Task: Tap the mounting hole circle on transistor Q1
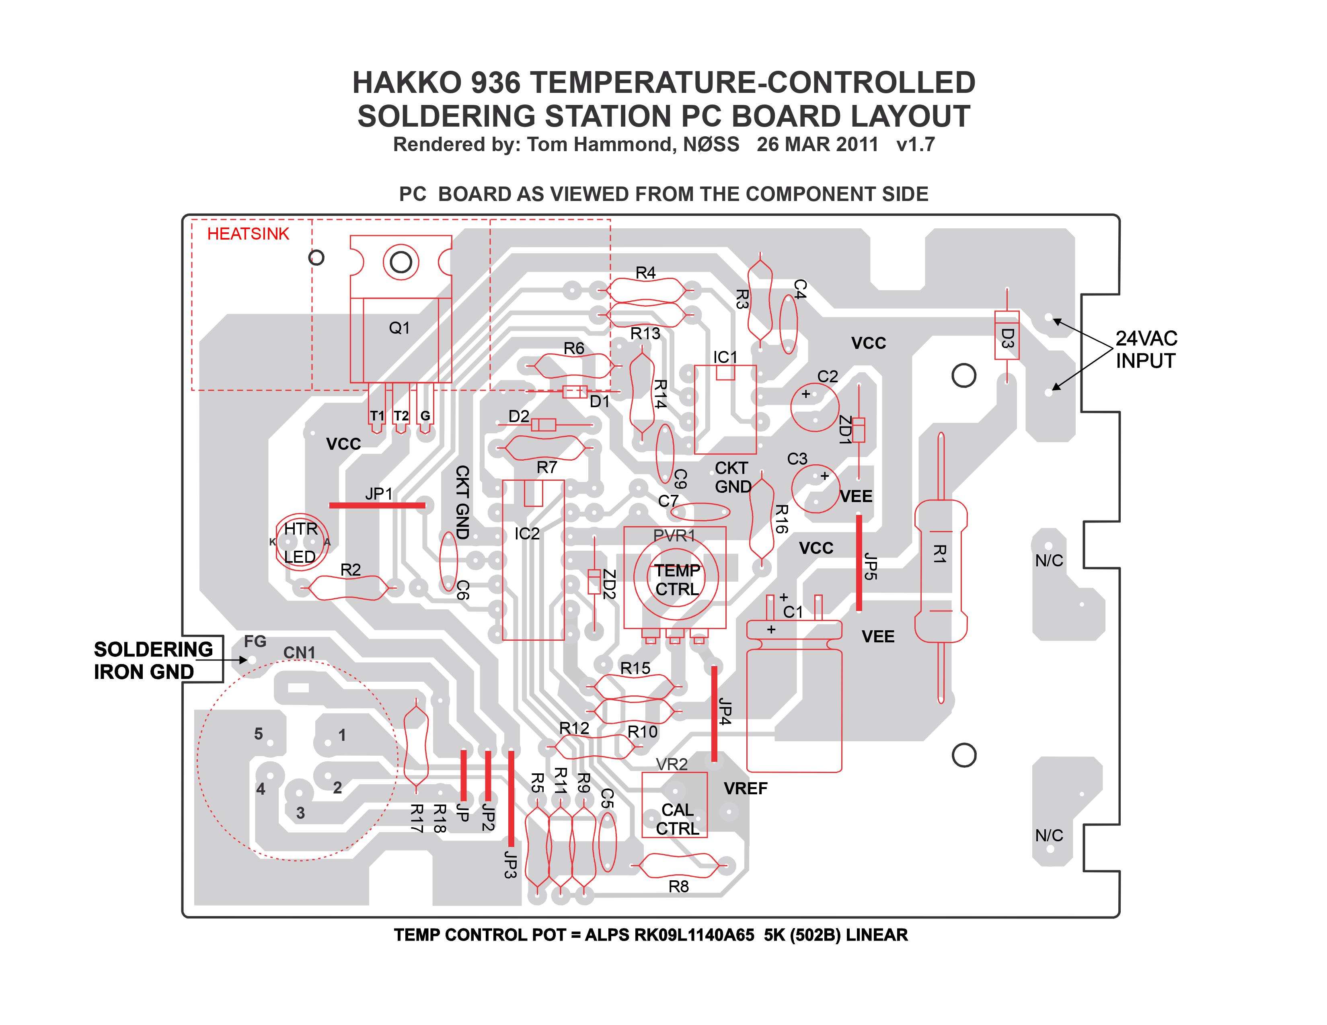[401, 262]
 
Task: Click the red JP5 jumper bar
[859, 562]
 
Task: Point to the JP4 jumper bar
[714, 713]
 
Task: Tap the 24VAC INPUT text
[1146, 349]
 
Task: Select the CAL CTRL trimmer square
[674, 805]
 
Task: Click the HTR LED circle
[302, 542]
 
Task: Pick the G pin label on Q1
[425, 416]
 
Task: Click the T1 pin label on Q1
[377, 416]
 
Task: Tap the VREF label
[746, 788]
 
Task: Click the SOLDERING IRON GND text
[153, 661]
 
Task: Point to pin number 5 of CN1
[258, 734]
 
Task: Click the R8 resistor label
[679, 887]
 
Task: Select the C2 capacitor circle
[815, 407]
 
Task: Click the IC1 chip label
[725, 357]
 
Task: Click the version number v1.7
[916, 145]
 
